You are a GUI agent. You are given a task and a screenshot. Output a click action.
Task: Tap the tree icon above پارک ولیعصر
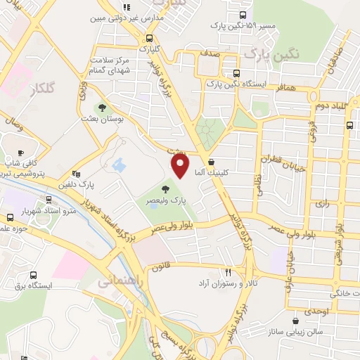tap(166, 188)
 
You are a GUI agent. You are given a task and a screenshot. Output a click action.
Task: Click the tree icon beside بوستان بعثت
tap(103, 108)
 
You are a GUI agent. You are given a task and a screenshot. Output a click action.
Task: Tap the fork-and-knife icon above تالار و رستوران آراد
tap(228, 271)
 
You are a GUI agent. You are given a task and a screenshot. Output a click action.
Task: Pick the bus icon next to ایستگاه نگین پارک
tap(236, 73)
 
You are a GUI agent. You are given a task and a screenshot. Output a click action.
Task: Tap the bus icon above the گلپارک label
tap(148, 39)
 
